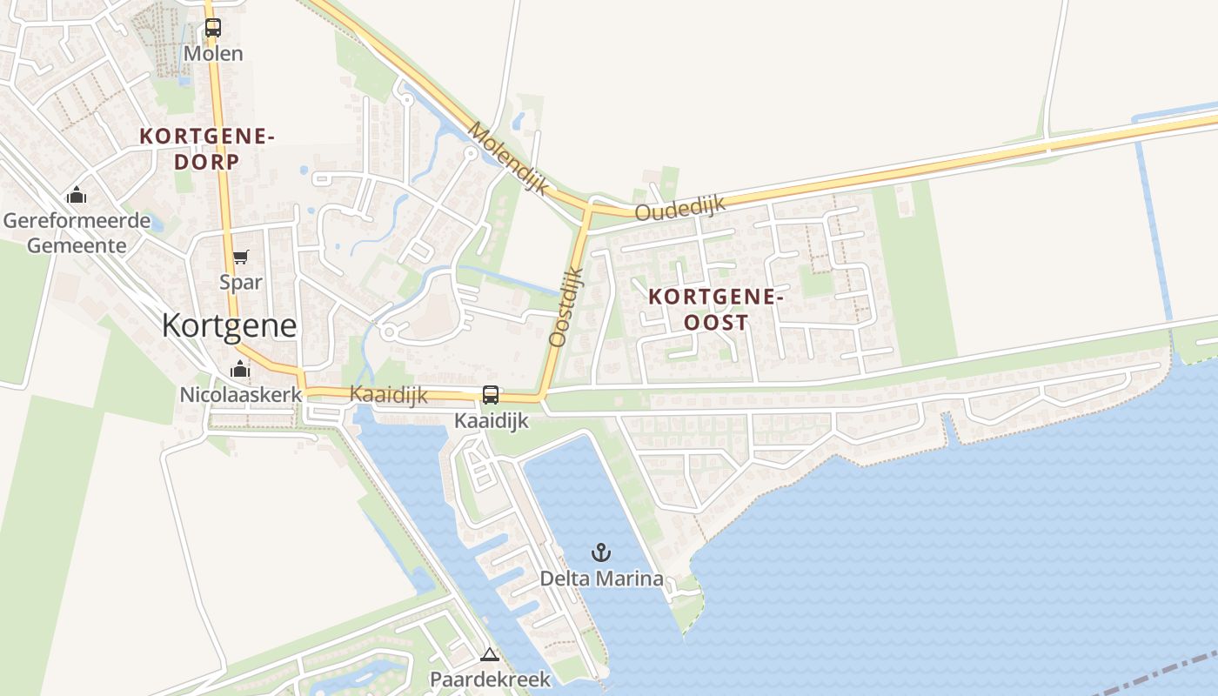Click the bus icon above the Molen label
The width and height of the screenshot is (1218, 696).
pos(213,28)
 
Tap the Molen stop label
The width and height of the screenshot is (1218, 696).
pos(213,54)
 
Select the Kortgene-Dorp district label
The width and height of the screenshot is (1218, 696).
pos(207,149)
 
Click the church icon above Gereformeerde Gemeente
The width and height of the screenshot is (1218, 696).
pos(77,195)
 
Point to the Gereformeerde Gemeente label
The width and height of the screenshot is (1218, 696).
pos(77,233)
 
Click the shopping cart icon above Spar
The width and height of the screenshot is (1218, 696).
pos(240,258)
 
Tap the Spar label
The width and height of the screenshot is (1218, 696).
pos(241,283)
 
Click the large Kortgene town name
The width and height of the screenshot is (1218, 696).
pos(230,325)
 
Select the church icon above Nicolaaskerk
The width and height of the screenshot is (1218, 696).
pos(240,369)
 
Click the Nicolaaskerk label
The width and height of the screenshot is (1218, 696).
pos(240,394)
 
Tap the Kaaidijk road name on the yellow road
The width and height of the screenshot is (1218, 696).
pos(388,394)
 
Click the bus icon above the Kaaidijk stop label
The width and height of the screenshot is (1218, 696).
pos(491,395)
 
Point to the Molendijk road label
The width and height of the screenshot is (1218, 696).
pos(509,157)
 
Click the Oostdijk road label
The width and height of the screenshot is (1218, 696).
pos(566,306)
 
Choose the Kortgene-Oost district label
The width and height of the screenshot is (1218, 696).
pos(716,309)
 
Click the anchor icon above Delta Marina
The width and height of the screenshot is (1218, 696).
pos(600,552)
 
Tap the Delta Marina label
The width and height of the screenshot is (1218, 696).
pos(601,579)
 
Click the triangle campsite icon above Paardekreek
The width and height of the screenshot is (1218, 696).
pos(490,654)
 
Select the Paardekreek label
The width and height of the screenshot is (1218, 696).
pos(491,679)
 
